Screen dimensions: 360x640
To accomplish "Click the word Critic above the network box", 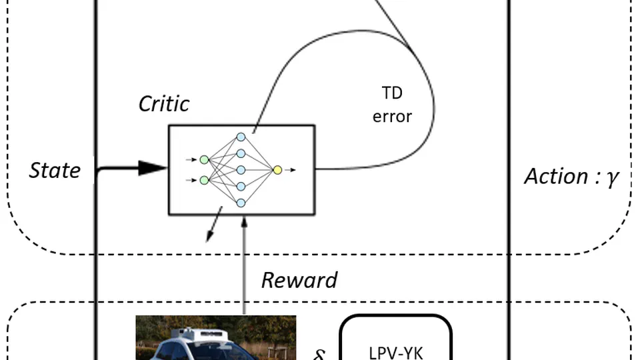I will coord(164,103).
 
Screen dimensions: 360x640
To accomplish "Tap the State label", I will coord(55,171).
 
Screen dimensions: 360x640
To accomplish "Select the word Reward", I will coord(299,279).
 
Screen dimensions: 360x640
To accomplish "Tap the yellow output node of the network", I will coord(277,170).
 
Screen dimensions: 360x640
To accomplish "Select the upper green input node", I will coord(204,159).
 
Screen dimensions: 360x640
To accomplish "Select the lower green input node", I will coord(204,180).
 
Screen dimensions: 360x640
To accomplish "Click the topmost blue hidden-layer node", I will coord(241,137).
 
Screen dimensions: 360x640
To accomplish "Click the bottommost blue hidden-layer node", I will coord(241,203).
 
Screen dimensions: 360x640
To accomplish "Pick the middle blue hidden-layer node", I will coord(241,170).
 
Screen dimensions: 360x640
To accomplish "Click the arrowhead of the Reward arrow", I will coord(244,221).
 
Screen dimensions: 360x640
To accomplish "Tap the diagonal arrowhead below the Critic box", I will coord(209,238).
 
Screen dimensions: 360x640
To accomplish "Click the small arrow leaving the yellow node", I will coord(291,170).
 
